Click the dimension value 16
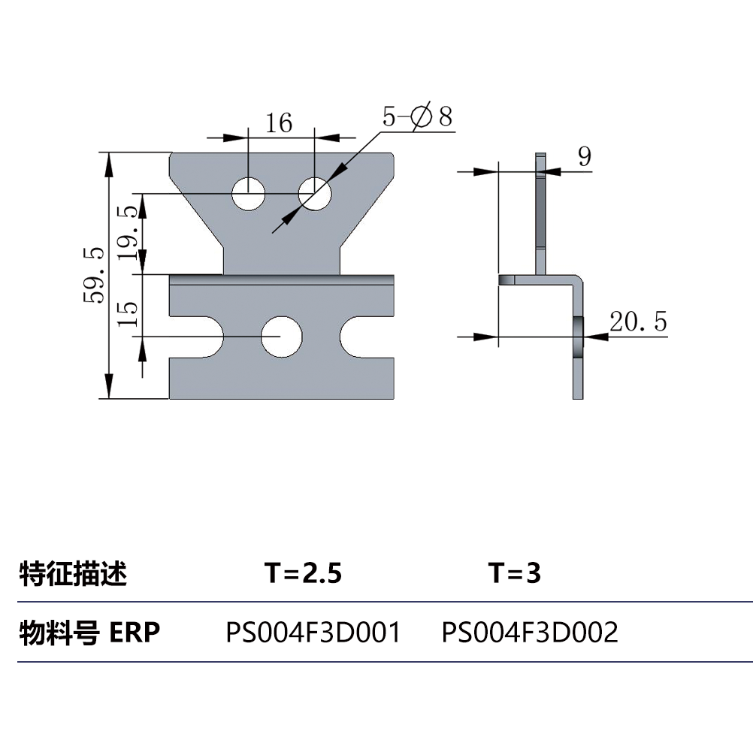(x=279, y=122)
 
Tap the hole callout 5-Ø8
(x=418, y=116)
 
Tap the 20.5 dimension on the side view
(x=638, y=322)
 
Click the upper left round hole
(x=249, y=195)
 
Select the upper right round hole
(x=315, y=195)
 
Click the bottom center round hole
(x=281, y=337)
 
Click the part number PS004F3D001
(x=313, y=633)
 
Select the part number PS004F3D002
(x=530, y=633)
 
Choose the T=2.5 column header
(x=303, y=574)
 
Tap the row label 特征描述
(x=73, y=574)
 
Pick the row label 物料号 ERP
(x=89, y=633)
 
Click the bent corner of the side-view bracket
(x=577, y=283)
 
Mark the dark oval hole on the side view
(x=577, y=337)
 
